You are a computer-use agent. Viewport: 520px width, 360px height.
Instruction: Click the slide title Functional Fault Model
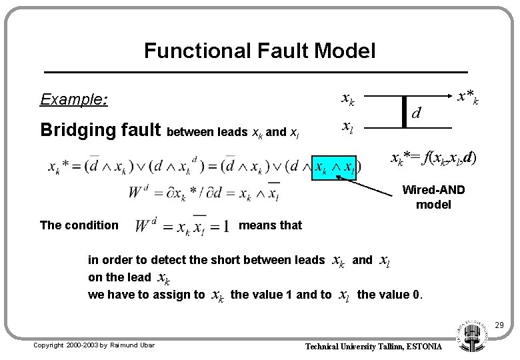pyautogui.click(x=259, y=50)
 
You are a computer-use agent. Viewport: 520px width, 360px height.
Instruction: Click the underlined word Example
pyautogui.click(x=74, y=99)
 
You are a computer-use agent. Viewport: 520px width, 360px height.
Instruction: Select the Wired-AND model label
pyautogui.click(x=433, y=197)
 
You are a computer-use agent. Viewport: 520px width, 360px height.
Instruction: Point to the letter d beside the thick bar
pyautogui.click(x=416, y=113)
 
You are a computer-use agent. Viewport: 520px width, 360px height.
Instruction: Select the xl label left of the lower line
pyautogui.click(x=347, y=126)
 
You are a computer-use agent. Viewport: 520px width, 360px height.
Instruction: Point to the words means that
pyautogui.click(x=270, y=225)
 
